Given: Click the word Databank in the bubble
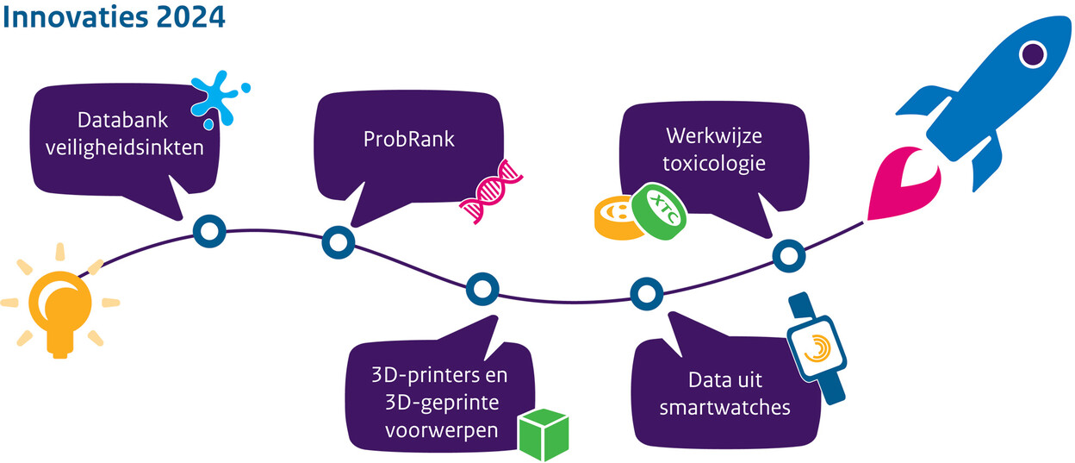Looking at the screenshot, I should [x=124, y=121].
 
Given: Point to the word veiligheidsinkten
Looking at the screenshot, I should [x=124, y=147].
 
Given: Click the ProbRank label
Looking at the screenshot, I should [x=409, y=138].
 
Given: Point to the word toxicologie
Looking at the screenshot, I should [x=715, y=161].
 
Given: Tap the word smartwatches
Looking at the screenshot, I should [x=725, y=406].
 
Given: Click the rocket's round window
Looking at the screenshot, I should [x=1031, y=55].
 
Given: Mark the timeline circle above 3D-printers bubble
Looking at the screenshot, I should [x=481, y=289].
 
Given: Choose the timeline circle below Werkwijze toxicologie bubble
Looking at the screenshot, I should [x=787, y=255].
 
